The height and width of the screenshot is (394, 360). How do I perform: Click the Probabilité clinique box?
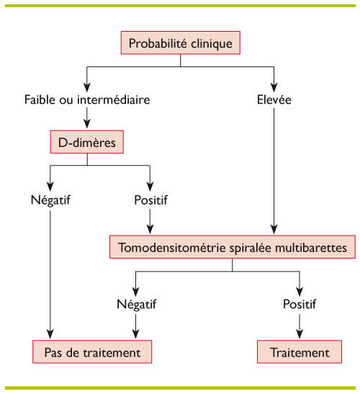pos(181,42)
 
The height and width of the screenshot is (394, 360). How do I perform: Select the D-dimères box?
pos(87,142)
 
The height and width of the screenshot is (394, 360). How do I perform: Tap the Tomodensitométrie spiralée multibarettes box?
pos(233,247)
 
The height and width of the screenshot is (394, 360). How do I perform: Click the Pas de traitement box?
pos(92,352)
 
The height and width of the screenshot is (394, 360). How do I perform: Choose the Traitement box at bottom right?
pos(300,352)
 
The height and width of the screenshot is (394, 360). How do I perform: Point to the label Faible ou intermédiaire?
pos(87,99)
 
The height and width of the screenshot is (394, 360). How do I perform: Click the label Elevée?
pos(274,99)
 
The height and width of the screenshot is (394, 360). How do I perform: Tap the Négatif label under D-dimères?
pos(50,200)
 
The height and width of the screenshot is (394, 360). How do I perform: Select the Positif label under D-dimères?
pos(150,200)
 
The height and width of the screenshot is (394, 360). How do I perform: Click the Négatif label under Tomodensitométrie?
pos(136,305)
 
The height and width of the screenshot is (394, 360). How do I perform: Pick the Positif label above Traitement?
pos(300,304)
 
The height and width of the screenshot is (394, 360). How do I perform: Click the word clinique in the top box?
pos(212,44)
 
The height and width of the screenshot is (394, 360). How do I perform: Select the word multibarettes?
pos(311,248)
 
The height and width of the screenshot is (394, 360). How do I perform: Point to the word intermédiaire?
pos(114,99)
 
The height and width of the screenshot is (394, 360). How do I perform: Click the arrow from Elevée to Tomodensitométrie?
pos(274,171)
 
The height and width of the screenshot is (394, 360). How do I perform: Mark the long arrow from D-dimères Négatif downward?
pos(50,274)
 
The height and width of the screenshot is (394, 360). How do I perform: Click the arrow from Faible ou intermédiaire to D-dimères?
pos(87,118)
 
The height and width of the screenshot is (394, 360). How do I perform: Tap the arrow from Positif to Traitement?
pos(300,326)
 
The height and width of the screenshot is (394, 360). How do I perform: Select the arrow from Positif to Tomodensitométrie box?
pos(150,221)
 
